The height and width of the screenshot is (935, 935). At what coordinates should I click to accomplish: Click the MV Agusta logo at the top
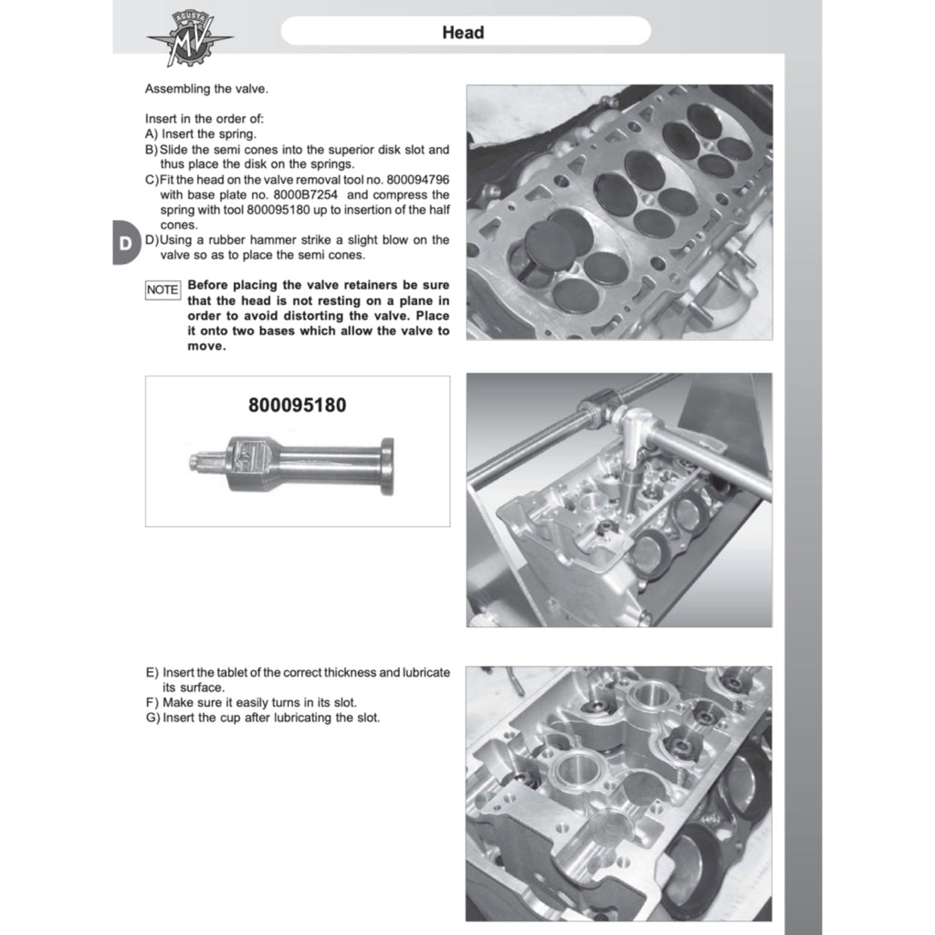pos(190,39)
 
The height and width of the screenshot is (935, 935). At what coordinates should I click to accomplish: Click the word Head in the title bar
pos(463,33)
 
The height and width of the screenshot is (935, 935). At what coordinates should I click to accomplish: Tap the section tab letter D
pos(124,243)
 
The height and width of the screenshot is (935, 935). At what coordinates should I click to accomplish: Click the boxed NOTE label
pos(163,289)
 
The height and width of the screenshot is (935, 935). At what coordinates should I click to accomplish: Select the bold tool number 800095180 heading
pos(297,404)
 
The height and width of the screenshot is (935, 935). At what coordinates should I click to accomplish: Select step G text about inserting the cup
pos(270,718)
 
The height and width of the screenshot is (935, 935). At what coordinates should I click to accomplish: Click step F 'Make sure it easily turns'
pos(259,703)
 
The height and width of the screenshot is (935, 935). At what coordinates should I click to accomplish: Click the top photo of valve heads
pos(619,212)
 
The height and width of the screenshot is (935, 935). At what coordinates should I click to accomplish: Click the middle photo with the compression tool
pos(619,499)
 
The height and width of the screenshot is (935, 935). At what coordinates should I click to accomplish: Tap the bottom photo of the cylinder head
pos(619,793)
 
